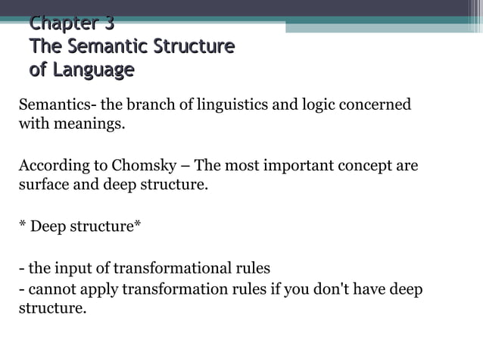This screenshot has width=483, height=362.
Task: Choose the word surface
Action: [42, 185]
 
